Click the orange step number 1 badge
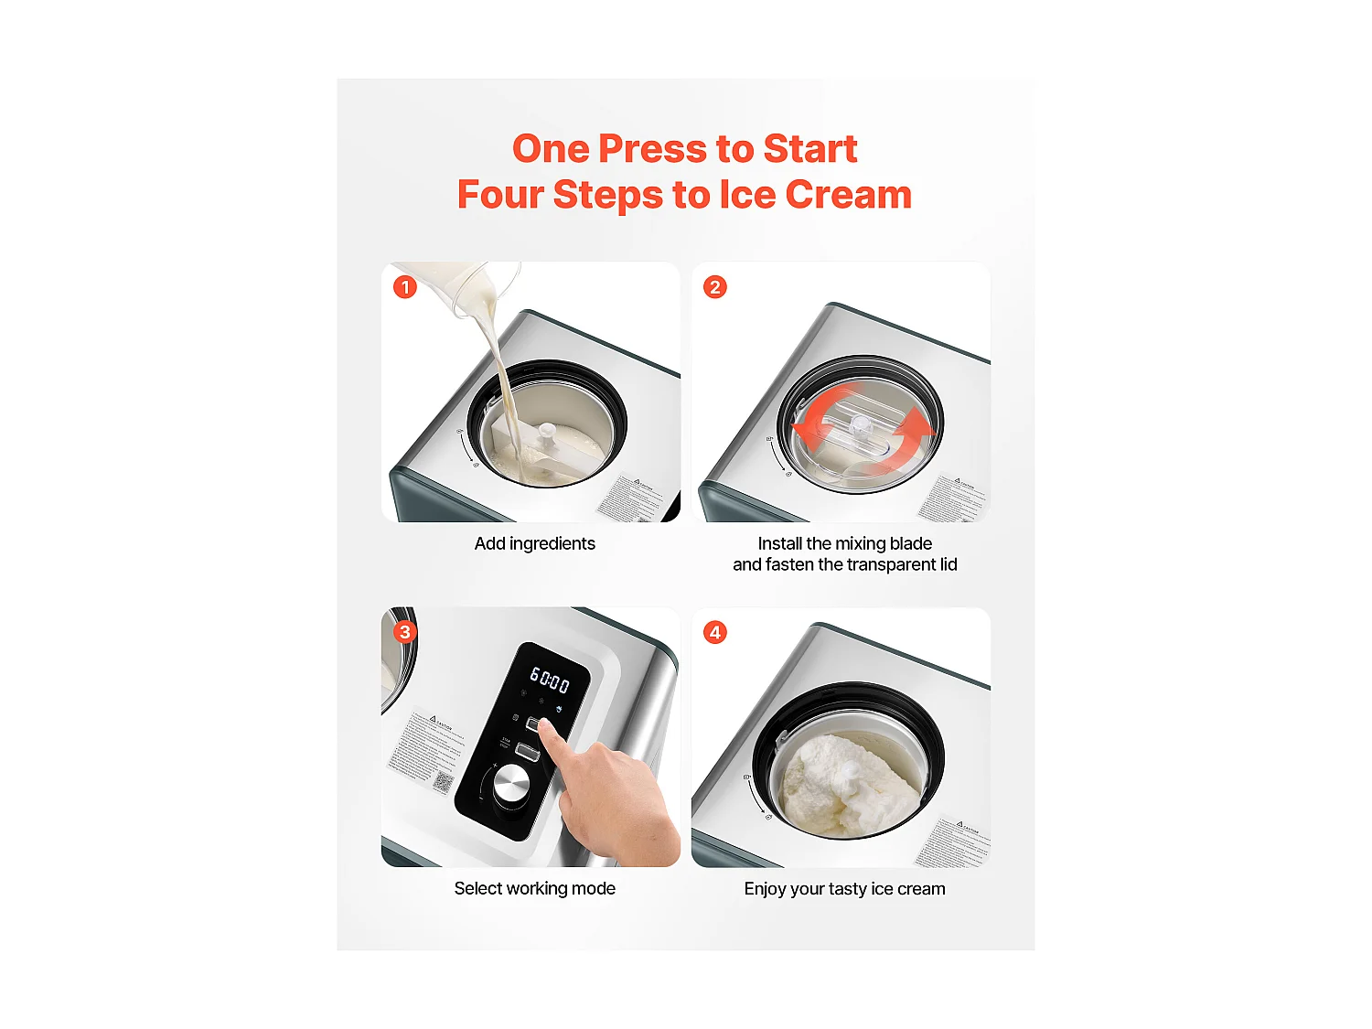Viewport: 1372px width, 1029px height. (x=405, y=287)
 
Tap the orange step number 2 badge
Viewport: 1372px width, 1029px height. (x=715, y=287)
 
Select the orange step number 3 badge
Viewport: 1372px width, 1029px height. (x=405, y=632)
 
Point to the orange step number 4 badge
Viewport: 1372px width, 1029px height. (x=715, y=632)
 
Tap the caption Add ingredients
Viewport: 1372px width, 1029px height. (x=534, y=543)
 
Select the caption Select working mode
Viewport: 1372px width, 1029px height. (x=534, y=888)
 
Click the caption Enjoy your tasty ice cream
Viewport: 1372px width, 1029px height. (x=844, y=889)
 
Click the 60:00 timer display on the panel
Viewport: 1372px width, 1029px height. (x=550, y=680)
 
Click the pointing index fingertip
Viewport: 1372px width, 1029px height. (x=546, y=726)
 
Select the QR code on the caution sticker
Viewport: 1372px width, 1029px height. (x=444, y=781)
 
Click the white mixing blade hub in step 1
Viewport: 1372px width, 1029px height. (x=547, y=430)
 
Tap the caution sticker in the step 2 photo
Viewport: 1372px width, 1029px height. (x=954, y=498)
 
